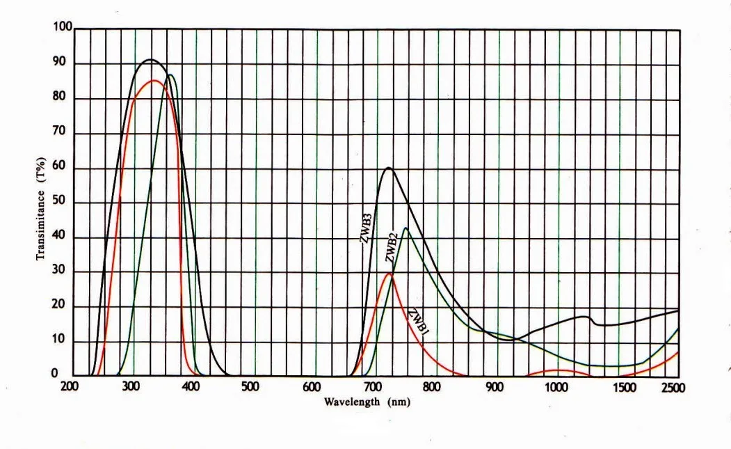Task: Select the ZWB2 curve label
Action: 392,248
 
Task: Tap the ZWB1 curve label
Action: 417,322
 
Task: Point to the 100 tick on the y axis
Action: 63,27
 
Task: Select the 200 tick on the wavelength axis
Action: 70,386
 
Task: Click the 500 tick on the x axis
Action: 250,386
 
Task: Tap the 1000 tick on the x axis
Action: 555,386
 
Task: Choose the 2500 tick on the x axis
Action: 673,387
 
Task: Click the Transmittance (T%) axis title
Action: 41,207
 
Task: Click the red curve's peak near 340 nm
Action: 154,81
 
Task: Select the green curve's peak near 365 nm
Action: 170,74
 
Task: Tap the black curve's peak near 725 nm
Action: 388,168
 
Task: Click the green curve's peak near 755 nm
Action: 405,228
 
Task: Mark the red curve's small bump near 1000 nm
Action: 556,370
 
